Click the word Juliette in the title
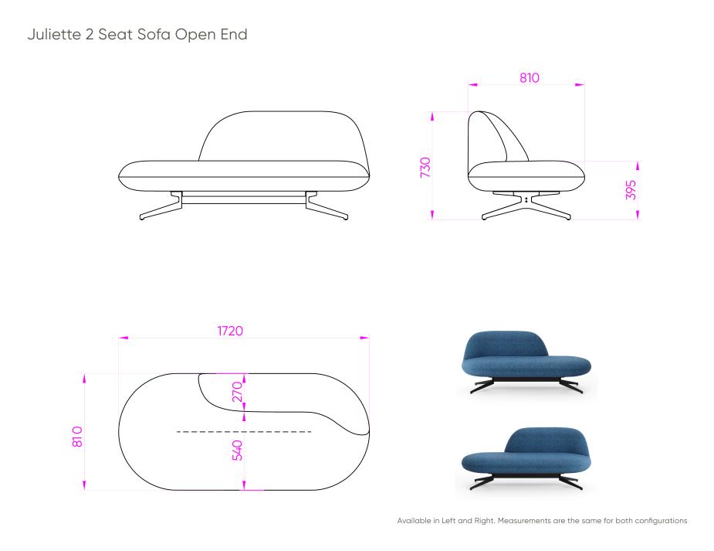[54, 34]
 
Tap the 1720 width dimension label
[230, 331]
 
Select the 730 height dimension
[425, 167]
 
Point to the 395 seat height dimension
[631, 189]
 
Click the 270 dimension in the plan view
[237, 392]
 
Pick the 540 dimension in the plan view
[237, 451]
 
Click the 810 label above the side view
[529, 78]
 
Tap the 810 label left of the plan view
[77, 436]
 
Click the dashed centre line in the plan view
[244, 431]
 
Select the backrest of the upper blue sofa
[506, 342]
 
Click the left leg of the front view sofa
[161, 206]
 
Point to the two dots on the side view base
[526, 199]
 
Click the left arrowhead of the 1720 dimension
[124, 338]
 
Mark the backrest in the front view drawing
[283, 136]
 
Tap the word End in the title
[234, 34]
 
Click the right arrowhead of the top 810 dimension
[580, 84]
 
